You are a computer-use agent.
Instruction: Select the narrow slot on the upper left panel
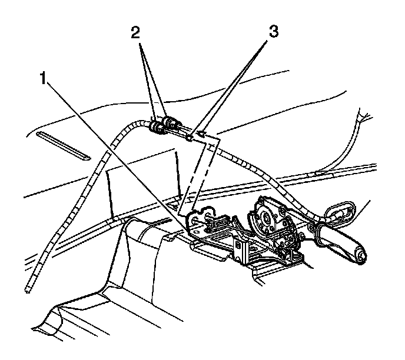(x=62, y=146)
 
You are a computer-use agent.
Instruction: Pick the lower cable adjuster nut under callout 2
(x=157, y=127)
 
